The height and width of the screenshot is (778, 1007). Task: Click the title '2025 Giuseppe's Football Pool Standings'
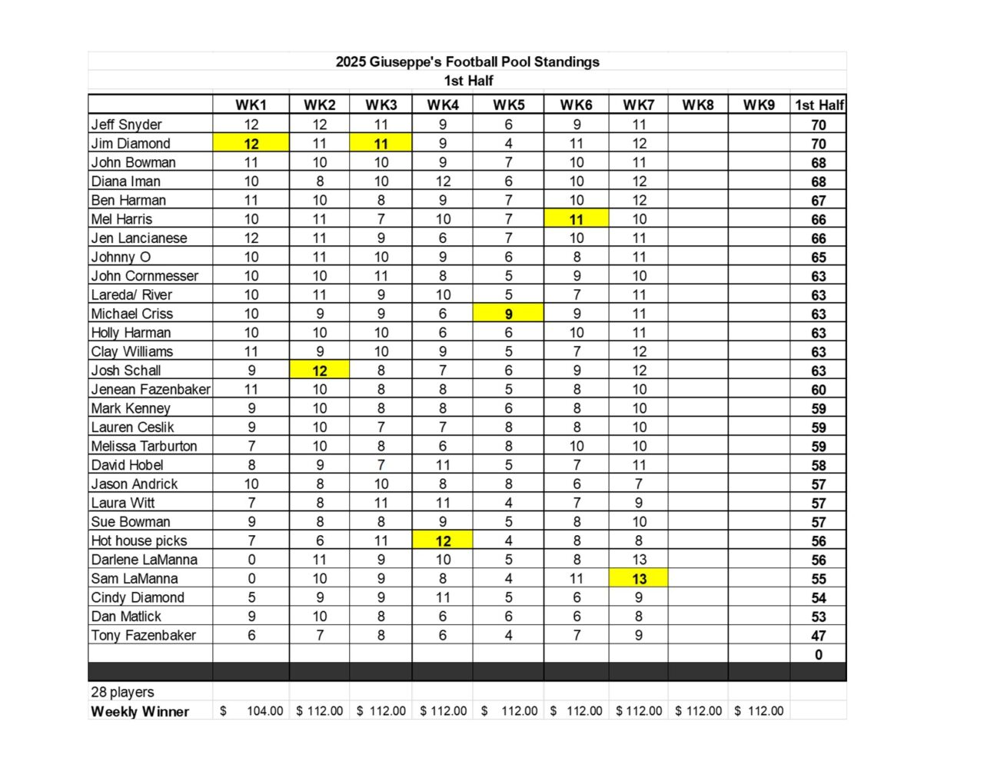(467, 62)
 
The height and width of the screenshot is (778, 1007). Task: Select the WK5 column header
(508, 105)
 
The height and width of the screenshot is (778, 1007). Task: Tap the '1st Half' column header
(819, 105)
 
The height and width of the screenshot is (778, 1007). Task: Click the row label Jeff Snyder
(127, 125)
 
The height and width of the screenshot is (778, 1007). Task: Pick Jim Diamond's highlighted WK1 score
(251, 143)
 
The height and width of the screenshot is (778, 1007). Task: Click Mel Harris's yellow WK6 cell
(577, 219)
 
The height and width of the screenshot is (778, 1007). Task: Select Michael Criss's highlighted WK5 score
(508, 314)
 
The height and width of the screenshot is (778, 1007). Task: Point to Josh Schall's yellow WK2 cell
(320, 371)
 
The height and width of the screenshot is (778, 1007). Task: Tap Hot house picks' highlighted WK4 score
(443, 540)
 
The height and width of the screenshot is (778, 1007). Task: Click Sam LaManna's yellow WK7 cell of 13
(639, 579)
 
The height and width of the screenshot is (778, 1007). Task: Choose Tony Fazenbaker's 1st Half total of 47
(819, 636)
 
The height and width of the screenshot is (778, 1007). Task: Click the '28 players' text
(122, 692)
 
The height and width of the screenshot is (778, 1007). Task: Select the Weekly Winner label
(140, 711)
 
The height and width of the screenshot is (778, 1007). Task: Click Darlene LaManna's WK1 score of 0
(251, 560)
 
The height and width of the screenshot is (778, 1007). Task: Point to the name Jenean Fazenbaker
(151, 390)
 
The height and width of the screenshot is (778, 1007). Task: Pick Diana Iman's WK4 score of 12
(443, 181)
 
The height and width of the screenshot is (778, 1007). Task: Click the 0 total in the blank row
(819, 654)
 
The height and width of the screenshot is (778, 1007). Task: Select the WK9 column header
(759, 105)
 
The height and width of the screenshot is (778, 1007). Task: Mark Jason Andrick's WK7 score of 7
(639, 484)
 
